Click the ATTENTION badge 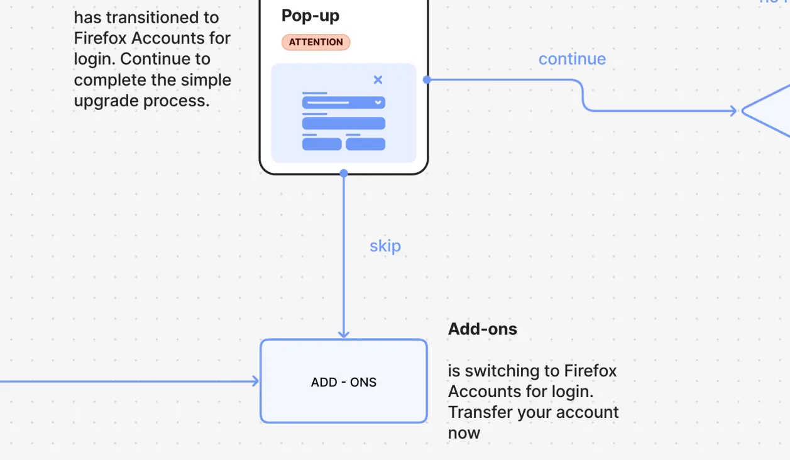(315, 42)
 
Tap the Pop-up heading (310, 15)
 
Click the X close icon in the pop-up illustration (378, 80)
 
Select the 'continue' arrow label (572, 59)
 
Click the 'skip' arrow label (385, 246)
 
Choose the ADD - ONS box (344, 381)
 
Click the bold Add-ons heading (483, 329)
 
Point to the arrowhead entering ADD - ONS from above (344, 334)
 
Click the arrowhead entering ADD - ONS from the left (255, 381)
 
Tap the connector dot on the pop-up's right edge (427, 80)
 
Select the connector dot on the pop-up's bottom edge (344, 173)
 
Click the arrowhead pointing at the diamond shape (733, 111)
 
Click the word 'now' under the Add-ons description (464, 433)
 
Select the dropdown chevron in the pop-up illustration (378, 102)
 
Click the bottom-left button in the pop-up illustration (322, 145)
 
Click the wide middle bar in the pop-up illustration (344, 123)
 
